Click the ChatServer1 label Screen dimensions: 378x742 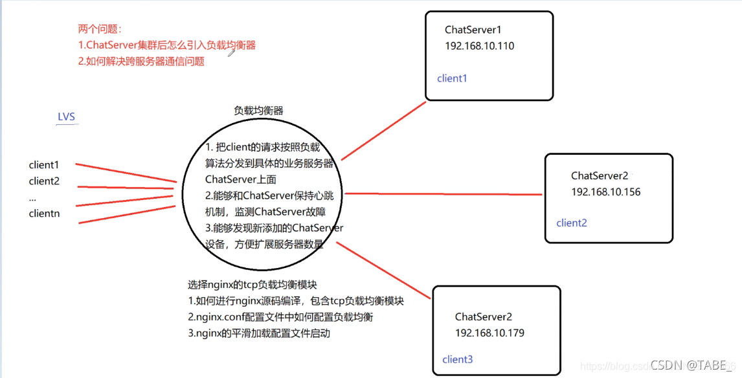coord(473,30)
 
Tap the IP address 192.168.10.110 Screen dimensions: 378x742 coord(479,46)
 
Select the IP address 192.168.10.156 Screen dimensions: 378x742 coord(605,192)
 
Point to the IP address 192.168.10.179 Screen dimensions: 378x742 coord(489,333)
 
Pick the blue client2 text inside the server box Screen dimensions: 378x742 coord(571,223)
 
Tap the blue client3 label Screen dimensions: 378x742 coord(457,359)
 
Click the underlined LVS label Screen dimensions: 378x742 coord(66,117)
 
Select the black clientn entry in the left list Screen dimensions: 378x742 coord(44,213)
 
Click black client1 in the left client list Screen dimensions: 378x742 coord(44,165)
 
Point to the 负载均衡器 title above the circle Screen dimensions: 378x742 coord(258,111)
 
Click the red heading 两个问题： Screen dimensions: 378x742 coord(100,29)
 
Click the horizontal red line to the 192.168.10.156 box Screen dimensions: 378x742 coord(444,194)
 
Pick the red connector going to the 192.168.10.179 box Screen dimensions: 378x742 coord(383,270)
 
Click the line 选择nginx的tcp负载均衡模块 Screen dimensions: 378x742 coord(252,285)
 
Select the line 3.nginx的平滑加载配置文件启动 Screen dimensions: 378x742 coord(259,333)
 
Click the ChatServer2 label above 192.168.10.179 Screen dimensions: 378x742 coord(483,317)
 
